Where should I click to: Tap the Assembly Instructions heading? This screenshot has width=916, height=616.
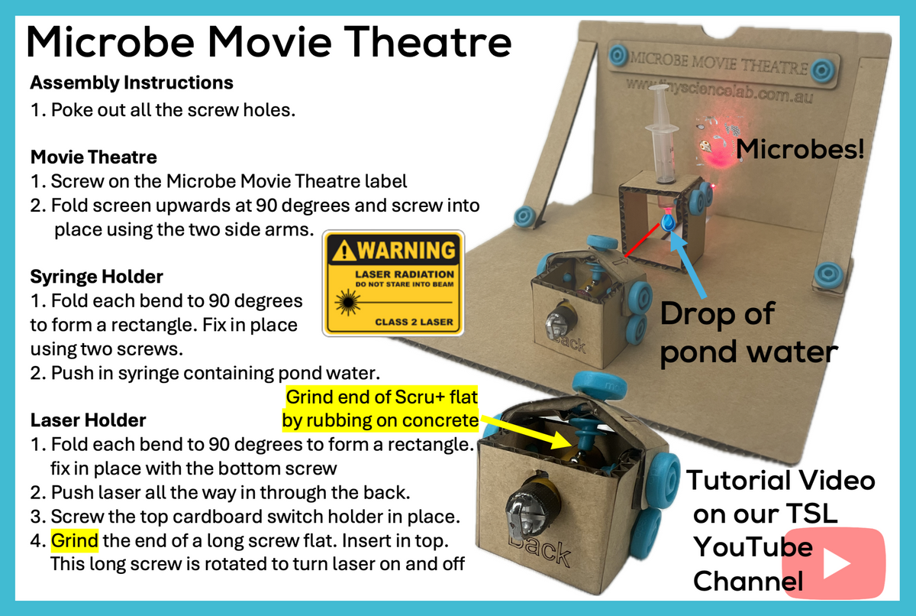131,83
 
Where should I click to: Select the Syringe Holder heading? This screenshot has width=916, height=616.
96,275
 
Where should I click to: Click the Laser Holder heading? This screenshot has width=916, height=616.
88,420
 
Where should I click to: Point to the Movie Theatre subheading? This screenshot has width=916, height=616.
93,157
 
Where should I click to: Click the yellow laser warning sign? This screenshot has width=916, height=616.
393,283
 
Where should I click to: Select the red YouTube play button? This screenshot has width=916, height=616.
834,565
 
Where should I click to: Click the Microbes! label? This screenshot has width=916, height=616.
800,148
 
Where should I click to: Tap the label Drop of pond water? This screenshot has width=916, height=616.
748,333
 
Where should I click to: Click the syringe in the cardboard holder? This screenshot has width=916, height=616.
662,135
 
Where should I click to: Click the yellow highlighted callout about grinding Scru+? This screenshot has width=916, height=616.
379,409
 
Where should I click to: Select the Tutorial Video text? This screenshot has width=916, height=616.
780,480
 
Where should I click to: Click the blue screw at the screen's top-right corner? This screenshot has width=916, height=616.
823,70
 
